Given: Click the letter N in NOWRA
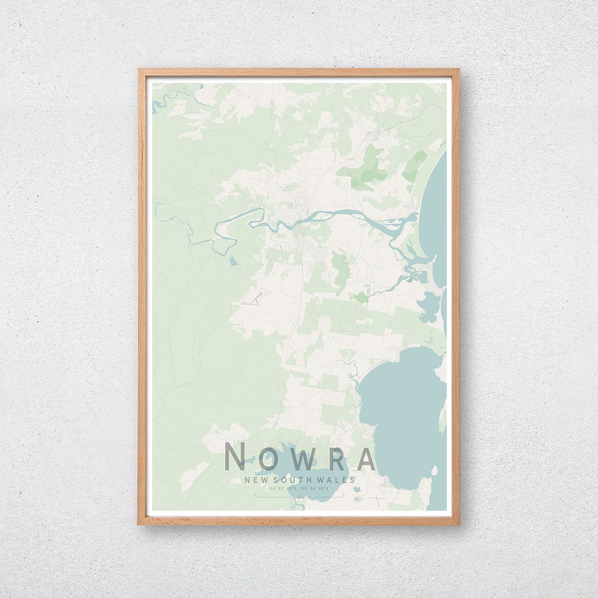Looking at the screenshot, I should point(235,457).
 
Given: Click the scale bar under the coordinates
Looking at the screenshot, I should point(299,496).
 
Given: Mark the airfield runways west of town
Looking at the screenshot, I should point(252,300).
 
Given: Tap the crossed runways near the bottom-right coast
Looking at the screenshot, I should point(378,500).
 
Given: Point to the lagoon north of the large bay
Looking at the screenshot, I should point(429,306).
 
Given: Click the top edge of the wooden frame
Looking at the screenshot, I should point(299,71).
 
